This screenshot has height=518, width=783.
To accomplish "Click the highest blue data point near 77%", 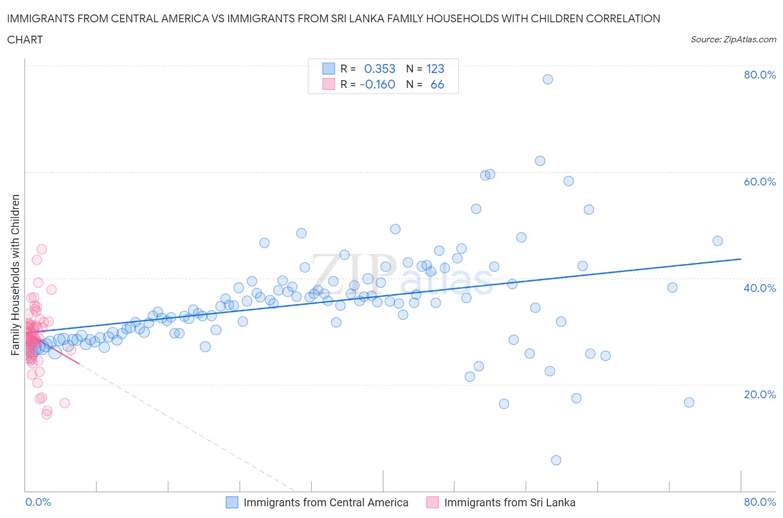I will click(547, 79).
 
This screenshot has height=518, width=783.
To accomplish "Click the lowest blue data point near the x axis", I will click(556, 460).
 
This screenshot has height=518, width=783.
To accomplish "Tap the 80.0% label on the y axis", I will click(760, 75).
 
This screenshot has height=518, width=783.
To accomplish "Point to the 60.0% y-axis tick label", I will click(760, 182).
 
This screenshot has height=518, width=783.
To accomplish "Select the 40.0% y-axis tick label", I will click(760, 288).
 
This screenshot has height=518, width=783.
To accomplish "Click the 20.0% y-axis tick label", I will click(760, 394).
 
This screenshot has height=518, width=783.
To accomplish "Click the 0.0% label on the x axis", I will click(38, 502).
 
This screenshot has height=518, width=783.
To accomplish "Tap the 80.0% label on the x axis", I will click(760, 502).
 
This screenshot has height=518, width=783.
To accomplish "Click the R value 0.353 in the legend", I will click(379, 69).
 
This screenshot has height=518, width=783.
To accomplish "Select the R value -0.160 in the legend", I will click(378, 84).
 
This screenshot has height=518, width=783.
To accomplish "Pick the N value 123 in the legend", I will click(435, 69).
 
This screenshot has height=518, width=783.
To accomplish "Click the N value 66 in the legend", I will click(437, 84).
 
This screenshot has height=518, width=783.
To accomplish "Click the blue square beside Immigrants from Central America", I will click(232, 502).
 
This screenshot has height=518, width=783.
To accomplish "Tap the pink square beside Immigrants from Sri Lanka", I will click(432, 502).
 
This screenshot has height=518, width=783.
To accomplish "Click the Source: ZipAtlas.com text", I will click(733, 39).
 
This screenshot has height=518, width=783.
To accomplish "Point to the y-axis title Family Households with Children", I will click(16, 275).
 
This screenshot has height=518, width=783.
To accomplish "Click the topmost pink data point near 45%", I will click(41, 249).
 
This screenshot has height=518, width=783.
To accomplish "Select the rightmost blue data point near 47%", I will click(717, 241).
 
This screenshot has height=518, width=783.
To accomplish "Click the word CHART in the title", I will click(25, 40).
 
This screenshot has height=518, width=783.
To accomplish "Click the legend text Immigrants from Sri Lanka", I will click(510, 502).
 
